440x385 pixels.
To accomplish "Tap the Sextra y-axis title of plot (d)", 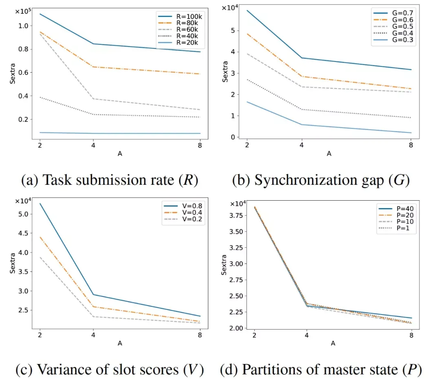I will point(224,266).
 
